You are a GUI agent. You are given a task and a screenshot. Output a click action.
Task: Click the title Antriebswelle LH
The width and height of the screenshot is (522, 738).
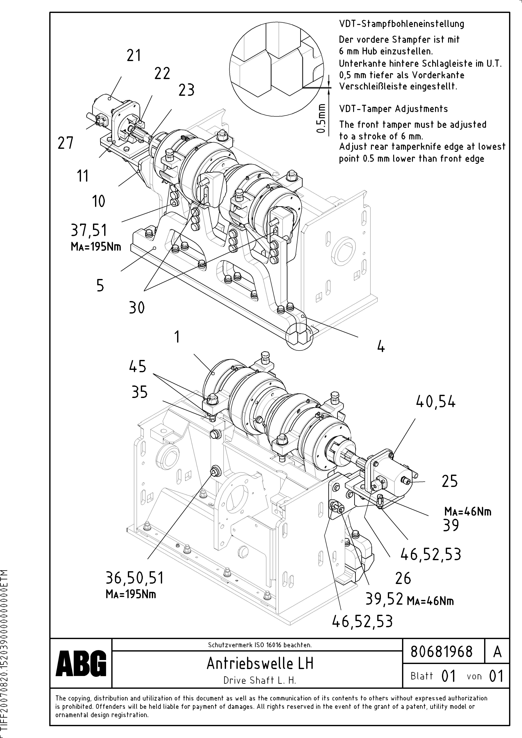pyautogui.click(x=260, y=663)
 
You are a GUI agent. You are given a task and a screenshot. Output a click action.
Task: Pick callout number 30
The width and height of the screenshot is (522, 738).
pyautogui.click(x=137, y=308)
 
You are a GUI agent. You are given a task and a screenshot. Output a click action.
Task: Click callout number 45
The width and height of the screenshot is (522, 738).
pyautogui.click(x=138, y=366)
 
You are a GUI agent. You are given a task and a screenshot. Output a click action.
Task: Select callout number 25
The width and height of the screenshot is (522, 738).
pyautogui.click(x=449, y=481)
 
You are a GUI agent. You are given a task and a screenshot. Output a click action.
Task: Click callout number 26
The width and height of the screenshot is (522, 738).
pyautogui.click(x=403, y=578)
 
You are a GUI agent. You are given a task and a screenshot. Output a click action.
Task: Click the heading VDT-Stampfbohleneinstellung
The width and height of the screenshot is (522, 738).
pyautogui.click(x=401, y=24)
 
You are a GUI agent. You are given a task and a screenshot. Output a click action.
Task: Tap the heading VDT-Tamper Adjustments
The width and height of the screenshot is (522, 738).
pyautogui.click(x=393, y=109)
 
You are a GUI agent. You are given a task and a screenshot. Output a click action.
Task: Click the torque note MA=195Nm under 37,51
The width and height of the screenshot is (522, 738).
pyautogui.click(x=96, y=247)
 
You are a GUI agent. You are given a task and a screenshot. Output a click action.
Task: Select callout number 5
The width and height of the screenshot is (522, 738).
pyautogui.click(x=100, y=285)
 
